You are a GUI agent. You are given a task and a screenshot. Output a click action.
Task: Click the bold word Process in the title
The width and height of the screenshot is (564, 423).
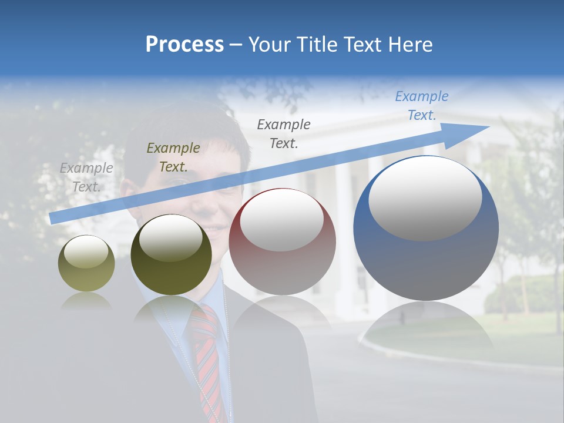(184, 45)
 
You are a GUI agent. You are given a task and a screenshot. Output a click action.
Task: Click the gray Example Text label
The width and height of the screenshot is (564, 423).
(86, 177)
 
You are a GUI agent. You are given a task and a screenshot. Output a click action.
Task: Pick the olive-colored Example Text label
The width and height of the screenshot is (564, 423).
(173, 157)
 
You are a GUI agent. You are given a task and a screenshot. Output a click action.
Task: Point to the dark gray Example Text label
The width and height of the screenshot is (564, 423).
(284, 133)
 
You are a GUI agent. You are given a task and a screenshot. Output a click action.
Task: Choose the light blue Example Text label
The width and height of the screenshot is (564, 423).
(422, 106)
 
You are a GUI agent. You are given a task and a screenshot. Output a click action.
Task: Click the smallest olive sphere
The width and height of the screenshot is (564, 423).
(86, 263)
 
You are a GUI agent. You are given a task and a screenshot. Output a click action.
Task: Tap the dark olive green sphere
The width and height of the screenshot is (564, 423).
(171, 254)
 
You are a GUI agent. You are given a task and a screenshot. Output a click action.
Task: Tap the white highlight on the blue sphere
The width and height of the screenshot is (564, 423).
(425, 197)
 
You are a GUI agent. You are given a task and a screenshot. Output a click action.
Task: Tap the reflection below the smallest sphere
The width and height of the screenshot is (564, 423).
(86, 301)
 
